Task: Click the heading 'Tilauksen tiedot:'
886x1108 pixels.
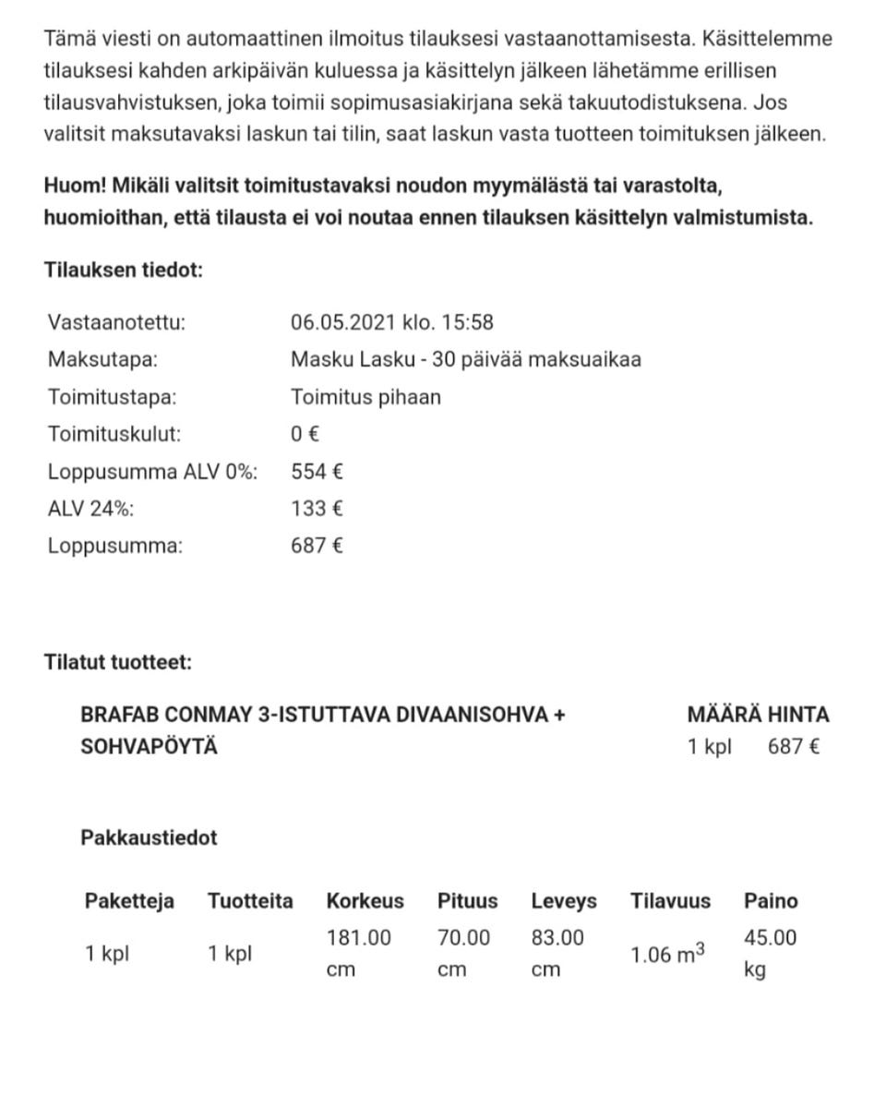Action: (x=123, y=271)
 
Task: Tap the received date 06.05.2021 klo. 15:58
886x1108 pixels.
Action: (x=391, y=322)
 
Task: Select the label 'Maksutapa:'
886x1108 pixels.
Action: (x=102, y=359)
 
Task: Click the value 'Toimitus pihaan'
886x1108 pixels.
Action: (x=365, y=397)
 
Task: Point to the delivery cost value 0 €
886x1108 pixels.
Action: (x=305, y=434)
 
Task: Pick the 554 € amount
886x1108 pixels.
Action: (x=317, y=472)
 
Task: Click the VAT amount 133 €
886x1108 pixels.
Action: (x=317, y=509)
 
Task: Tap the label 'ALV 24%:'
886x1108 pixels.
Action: (x=84, y=509)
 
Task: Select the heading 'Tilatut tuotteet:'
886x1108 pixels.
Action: (x=118, y=662)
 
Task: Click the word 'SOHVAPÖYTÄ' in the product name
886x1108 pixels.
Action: (x=150, y=746)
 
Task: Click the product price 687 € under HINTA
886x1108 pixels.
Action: (x=793, y=746)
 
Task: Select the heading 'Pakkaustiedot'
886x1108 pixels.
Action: (x=149, y=837)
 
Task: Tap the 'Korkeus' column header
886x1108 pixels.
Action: (x=365, y=900)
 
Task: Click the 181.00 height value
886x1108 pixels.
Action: (x=358, y=937)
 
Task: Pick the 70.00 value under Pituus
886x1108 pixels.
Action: (x=463, y=937)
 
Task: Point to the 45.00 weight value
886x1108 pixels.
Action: (x=770, y=937)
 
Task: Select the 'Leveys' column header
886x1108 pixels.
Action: (x=563, y=900)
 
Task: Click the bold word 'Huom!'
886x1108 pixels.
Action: (x=75, y=186)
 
